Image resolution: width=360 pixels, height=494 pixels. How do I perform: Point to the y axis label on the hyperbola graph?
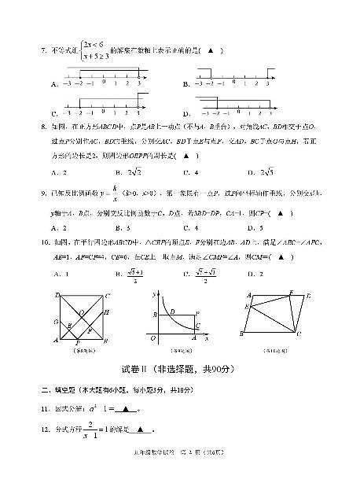pyautogui.click(x=153, y=293)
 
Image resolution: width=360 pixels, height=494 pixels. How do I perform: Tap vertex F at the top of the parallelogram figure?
pyautogui.click(x=290, y=293)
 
